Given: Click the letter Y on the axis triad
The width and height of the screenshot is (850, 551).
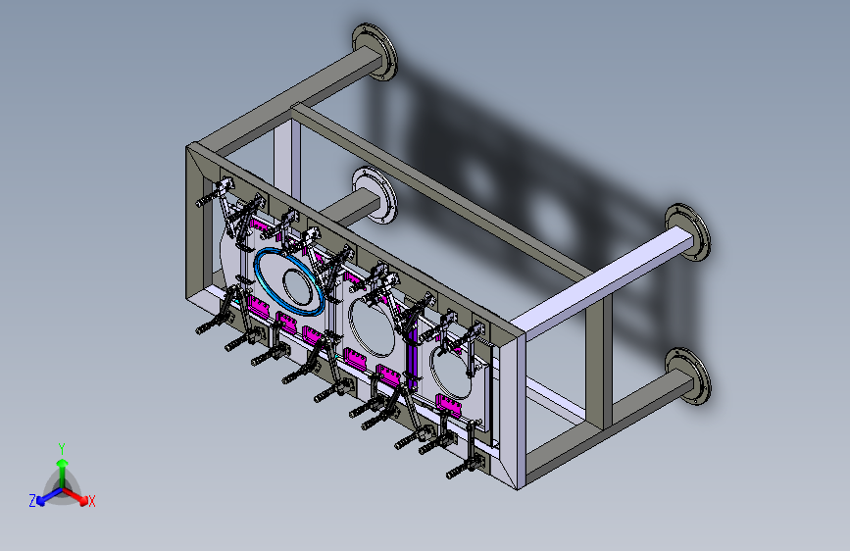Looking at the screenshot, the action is [x=62, y=449].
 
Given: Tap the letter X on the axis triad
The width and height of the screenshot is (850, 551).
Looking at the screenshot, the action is [x=91, y=501].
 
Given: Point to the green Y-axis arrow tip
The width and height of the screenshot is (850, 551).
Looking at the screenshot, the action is [x=63, y=464].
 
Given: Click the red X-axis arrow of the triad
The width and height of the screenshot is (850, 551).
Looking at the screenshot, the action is [x=75, y=495].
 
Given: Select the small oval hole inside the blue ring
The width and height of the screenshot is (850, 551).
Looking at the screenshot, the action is [x=299, y=287].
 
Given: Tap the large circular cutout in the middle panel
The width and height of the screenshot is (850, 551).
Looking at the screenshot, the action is [x=373, y=327].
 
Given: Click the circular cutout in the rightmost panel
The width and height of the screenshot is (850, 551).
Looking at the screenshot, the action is [x=451, y=375].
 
